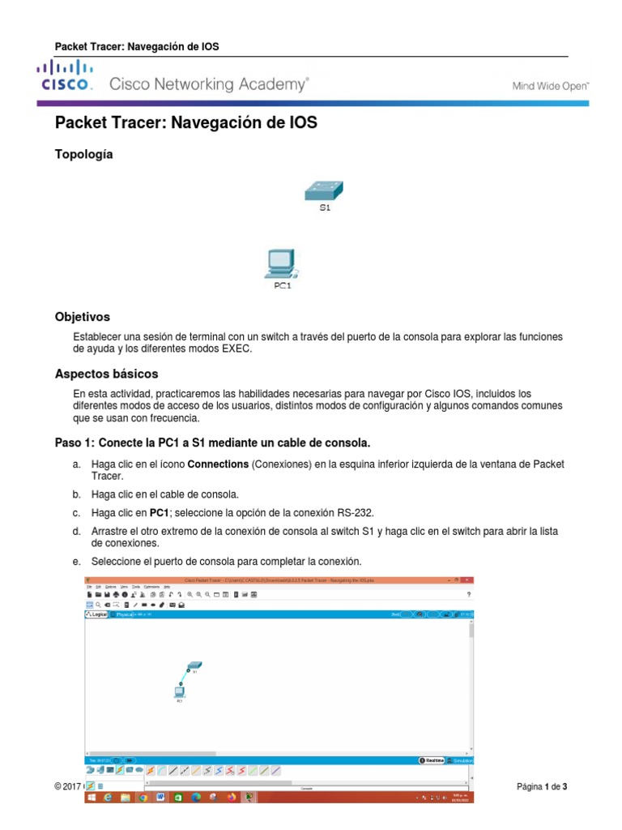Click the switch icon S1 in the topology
[x=324, y=191]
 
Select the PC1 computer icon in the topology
[x=280, y=264]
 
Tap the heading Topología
[x=83, y=154]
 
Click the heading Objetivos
[x=82, y=317]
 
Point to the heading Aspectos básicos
[x=106, y=374]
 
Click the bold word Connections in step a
[x=218, y=464]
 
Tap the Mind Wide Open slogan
[x=551, y=85]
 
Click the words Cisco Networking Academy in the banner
[x=209, y=84]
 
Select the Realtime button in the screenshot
[x=432, y=760]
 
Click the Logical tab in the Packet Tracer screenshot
[x=97, y=615]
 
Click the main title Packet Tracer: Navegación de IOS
[x=185, y=123]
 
